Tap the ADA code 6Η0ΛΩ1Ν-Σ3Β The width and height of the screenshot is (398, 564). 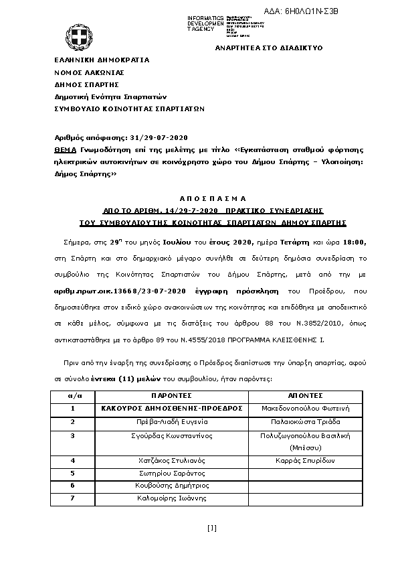tap(312, 11)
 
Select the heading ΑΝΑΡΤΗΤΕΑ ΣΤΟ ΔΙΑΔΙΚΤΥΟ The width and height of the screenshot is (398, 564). tap(268, 49)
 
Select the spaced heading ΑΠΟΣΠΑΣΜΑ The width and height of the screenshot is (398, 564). tap(213, 198)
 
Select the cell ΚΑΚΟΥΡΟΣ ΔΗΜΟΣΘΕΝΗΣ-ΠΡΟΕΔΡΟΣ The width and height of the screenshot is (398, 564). tap(172, 408)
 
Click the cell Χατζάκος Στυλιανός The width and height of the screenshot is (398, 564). tap(172, 461)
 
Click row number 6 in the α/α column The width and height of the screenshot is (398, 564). tap(72, 486)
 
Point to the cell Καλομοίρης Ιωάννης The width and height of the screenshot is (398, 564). tap(172, 498)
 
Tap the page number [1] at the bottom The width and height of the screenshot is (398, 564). tap(212, 528)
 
